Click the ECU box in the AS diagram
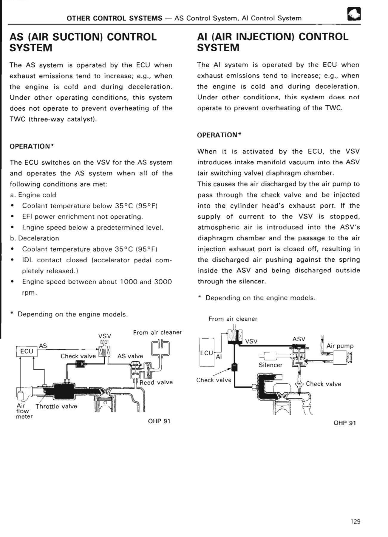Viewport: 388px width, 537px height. [x=27, y=351]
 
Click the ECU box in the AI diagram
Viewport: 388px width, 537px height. [x=206, y=353]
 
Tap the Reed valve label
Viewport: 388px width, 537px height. [x=156, y=382]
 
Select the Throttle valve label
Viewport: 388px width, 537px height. [x=56, y=406]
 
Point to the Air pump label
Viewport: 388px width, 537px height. [x=340, y=346]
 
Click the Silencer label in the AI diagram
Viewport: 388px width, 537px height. [x=270, y=365]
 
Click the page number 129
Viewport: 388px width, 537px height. [x=355, y=521]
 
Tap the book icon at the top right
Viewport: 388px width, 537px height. [x=354, y=14]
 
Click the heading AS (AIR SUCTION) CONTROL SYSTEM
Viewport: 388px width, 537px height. [x=83, y=42]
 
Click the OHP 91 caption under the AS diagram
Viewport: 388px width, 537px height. [x=159, y=421]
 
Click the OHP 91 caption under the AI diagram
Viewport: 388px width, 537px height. [x=345, y=423]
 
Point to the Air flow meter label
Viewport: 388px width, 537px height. [x=24, y=411]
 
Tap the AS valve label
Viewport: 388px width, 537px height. [x=130, y=356]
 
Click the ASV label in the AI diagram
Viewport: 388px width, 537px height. [x=299, y=339]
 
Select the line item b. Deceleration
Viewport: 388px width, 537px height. [x=35, y=238]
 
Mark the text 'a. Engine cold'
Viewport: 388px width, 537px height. [x=33, y=195]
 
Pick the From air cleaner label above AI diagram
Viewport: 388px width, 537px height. [x=233, y=319]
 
